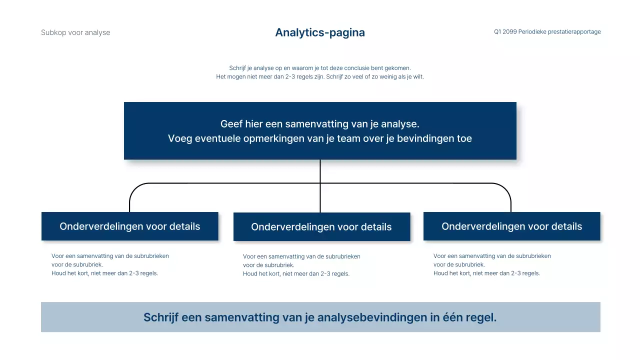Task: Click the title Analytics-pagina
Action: pyautogui.click(x=320, y=32)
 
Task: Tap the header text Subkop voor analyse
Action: pyautogui.click(x=75, y=32)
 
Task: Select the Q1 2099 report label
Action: pyautogui.click(x=547, y=32)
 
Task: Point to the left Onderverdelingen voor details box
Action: pyautogui.click(x=130, y=226)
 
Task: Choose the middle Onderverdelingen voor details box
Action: pyautogui.click(x=321, y=227)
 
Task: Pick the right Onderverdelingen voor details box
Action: pyautogui.click(x=511, y=226)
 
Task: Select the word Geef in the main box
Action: pyautogui.click(x=231, y=124)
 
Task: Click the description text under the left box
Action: pyautogui.click(x=110, y=264)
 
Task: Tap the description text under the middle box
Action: pyautogui.click(x=301, y=265)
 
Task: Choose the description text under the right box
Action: pyautogui.click(x=492, y=264)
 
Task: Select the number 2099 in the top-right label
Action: pyautogui.click(x=510, y=32)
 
